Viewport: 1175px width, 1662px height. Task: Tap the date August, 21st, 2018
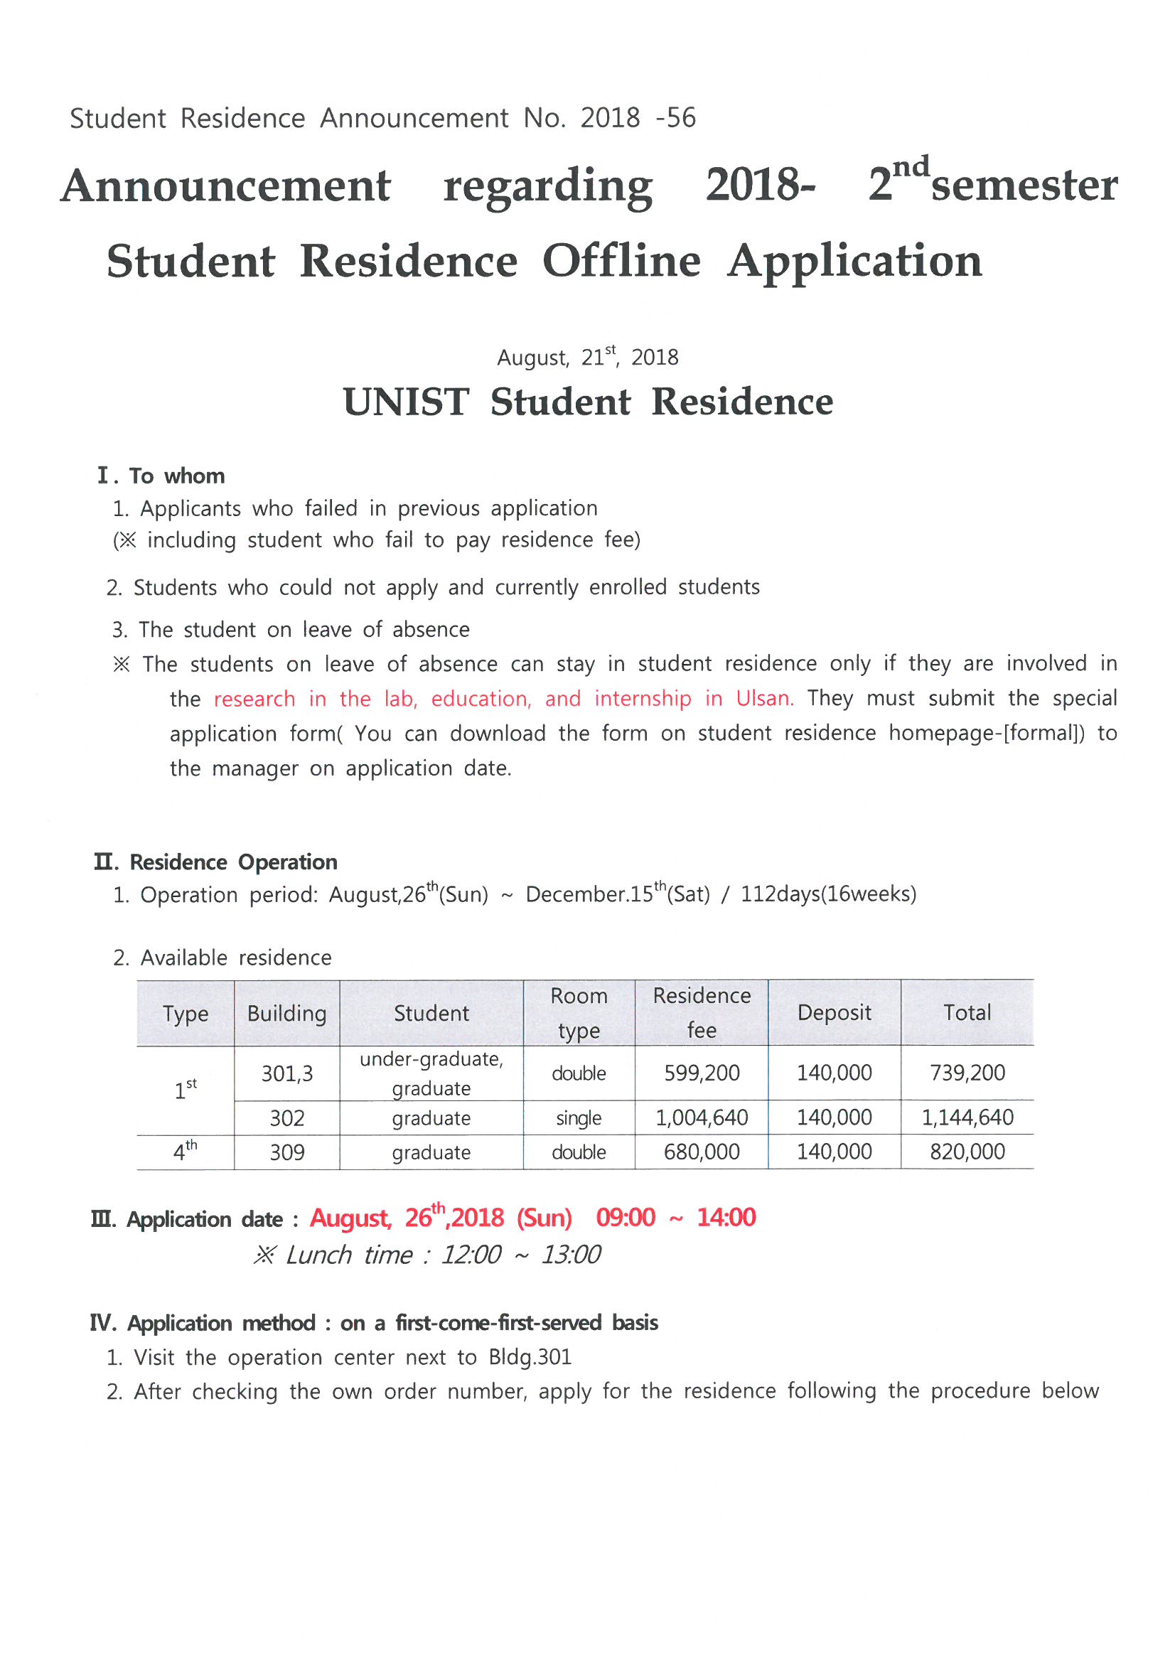tap(587, 357)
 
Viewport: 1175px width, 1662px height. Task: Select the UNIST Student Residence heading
tap(587, 402)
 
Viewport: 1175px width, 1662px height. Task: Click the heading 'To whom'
tap(177, 476)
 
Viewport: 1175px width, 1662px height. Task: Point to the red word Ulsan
tap(764, 699)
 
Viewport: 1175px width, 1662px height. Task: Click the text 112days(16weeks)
tap(828, 894)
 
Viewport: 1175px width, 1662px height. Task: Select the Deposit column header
tap(834, 1013)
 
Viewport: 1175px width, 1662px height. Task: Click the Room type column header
tap(579, 1013)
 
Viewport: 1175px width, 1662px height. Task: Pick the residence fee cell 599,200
tap(702, 1073)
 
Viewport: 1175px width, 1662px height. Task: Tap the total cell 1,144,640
tap(967, 1117)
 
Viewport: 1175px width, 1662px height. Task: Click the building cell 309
tap(286, 1152)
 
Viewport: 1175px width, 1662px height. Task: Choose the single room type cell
tap(579, 1118)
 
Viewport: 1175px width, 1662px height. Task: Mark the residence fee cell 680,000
tap(702, 1152)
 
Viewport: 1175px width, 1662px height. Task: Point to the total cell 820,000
tap(967, 1152)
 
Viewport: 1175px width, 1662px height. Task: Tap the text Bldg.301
tap(530, 1356)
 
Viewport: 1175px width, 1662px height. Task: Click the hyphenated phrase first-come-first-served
tap(499, 1322)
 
